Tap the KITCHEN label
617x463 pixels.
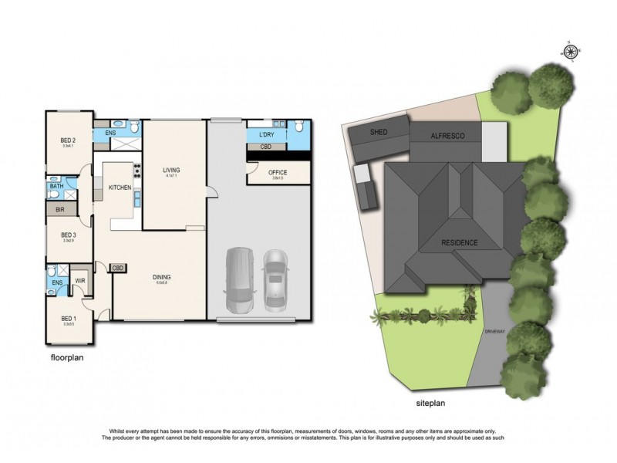click(118, 188)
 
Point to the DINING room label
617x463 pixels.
click(161, 277)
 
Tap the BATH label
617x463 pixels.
click(57, 187)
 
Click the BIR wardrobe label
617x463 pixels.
click(60, 209)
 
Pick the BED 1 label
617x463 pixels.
click(69, 318)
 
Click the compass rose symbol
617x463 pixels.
click(570, 52)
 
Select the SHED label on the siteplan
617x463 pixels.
click(379, 132)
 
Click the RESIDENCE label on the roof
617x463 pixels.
click(460, 243)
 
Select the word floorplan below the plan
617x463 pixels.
click(67, 358)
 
